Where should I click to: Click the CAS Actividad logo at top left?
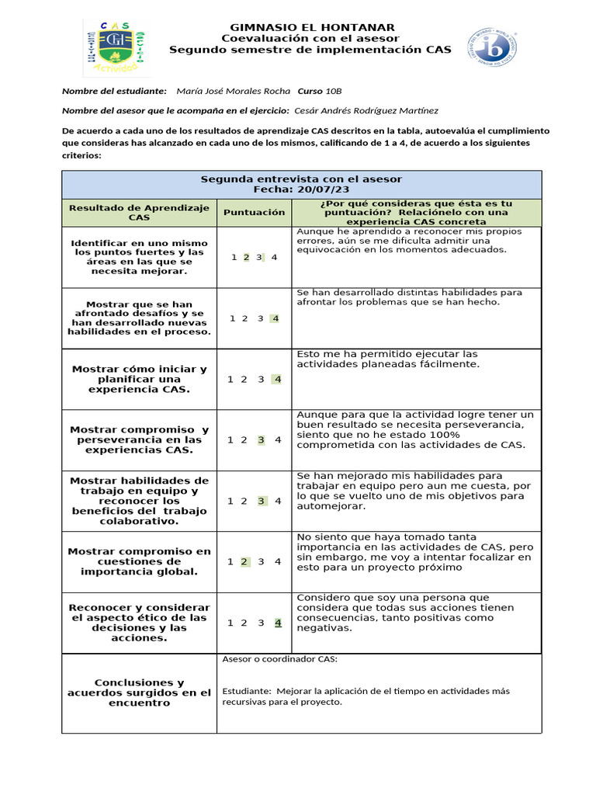tap(113, 47)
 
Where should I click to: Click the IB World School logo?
tap(492, 47)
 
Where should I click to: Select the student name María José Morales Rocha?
tap(234, 91)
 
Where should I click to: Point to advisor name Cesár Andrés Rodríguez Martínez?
tap(366, 111)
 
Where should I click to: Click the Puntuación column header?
tap(254, 212)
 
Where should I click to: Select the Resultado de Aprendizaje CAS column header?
tap(140, 212)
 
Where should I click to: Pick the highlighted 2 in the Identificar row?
tap(246, 258)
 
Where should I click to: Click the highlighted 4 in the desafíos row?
tap(275, 318)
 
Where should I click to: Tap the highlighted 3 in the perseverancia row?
tap(261, 440)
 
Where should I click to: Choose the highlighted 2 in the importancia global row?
tap(244, 561)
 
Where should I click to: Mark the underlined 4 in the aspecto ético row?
tap(278, 622)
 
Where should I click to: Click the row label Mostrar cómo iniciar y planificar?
tap(140, 379)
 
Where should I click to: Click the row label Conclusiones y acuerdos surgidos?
tap(140, 693)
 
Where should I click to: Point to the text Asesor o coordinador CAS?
tap(280, 660)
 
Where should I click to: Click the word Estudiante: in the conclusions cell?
tap(247, 691)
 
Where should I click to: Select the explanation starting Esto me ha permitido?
tap(388, 359)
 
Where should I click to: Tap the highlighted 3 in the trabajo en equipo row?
tap(262, 501)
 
